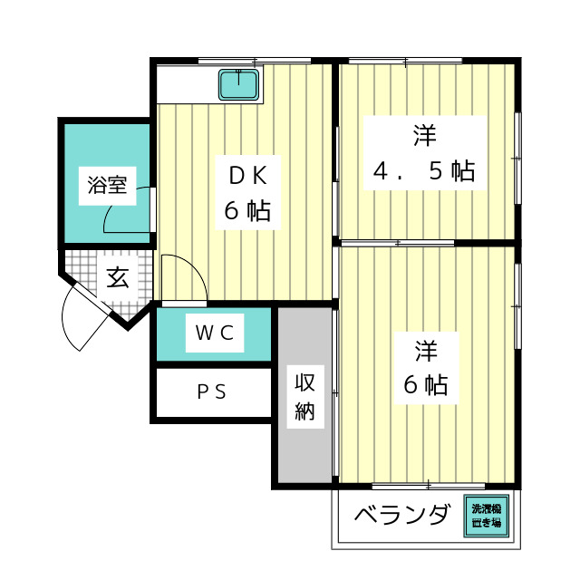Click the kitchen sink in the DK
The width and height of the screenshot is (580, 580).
tap(239, 85)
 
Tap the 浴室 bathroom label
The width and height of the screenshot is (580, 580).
tap(106, 187)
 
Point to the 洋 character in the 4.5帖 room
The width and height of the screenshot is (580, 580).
tap(424, 135)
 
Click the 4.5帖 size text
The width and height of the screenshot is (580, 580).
tap(423, 171)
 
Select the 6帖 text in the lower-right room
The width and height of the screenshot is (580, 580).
tap(425, 385)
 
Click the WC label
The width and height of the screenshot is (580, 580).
tap(215, 333)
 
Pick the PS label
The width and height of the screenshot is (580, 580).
tap(212, 392)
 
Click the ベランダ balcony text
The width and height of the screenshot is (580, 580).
tap(401, 517)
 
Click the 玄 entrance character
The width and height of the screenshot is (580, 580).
tap(117, 277)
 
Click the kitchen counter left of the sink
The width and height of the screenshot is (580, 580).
tap(186, 85)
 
